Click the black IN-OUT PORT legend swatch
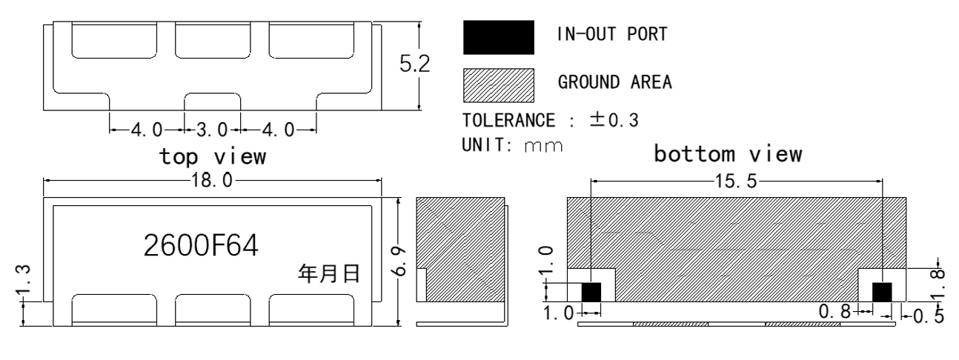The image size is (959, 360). (498, 37)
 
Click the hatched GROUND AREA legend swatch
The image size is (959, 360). (498, 85)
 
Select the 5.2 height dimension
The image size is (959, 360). (414, 64)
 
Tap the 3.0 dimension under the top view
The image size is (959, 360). (212, 130)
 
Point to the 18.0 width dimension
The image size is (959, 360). (212, 180)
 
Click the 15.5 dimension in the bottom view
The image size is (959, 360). (736, 181)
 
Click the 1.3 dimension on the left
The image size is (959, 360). (23, 281)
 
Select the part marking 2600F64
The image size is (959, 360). (201, 245)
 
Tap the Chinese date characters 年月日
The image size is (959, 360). (329, 273)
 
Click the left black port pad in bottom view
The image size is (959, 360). (591, 292)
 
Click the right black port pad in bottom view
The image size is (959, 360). (882, 292)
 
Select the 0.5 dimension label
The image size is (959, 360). (929, 316)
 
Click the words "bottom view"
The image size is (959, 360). (728, 153)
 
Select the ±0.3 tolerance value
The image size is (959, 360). (614, 120)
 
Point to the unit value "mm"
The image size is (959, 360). (542, 147)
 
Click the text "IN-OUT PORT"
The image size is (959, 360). (612, 34)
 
